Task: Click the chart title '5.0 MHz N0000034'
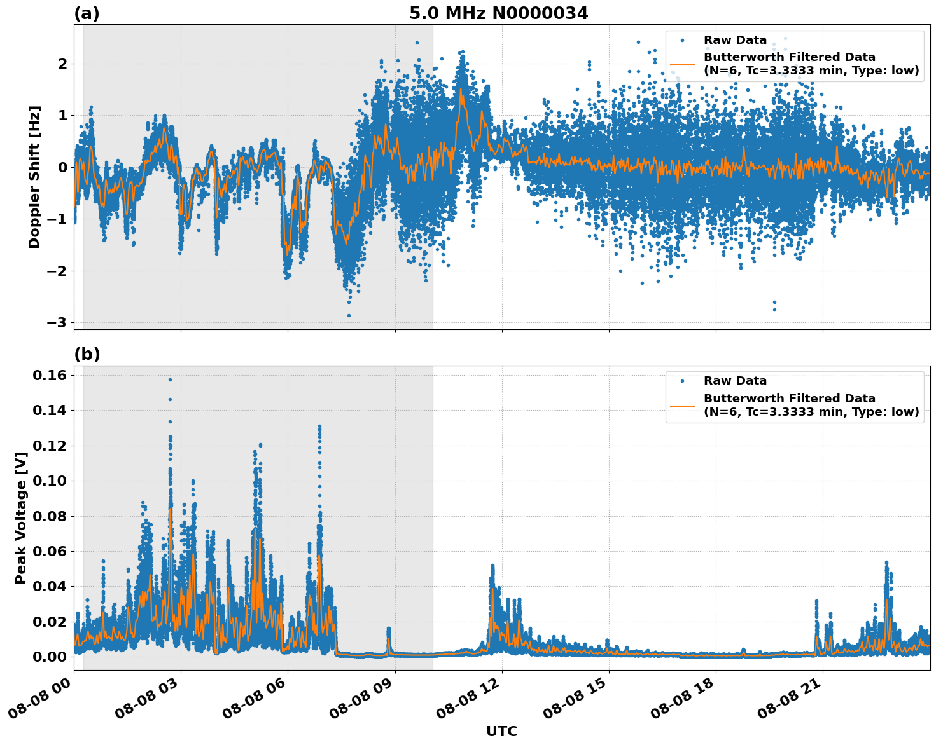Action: (498, 13)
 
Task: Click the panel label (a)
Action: (87, 13)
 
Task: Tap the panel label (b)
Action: (87, 354)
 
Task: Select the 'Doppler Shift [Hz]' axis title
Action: (34, 177)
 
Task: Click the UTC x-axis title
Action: (501, 731)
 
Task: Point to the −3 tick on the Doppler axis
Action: (57, 323)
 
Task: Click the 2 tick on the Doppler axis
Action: (62, 64)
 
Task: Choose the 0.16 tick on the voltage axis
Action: (50, 376)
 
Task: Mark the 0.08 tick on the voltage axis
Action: (50, 516)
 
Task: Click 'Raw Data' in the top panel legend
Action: (735, 40)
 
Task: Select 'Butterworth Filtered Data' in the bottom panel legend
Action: (789, 399)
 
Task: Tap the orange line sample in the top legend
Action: (682, 64)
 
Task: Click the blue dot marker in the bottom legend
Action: (682, 381)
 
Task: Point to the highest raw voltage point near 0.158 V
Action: (170, 379)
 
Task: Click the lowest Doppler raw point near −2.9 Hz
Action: (349, 315)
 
